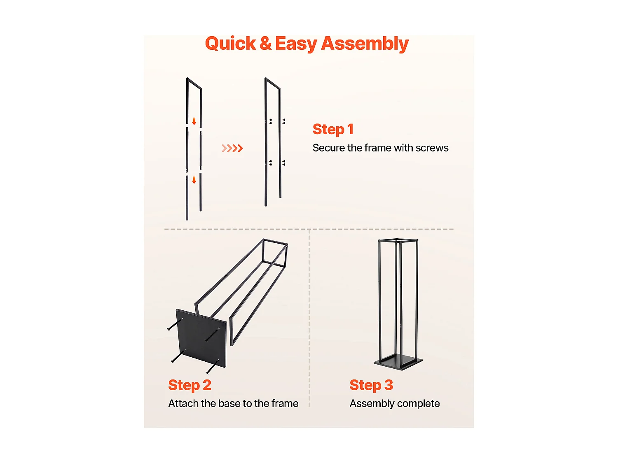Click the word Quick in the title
pos(230,44)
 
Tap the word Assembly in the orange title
pos(365,44)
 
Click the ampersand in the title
pos(265,44)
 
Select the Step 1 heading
pos(333,130)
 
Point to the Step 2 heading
pos(190,385)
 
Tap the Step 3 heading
pos(371,385)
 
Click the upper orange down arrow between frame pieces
pos(194,121)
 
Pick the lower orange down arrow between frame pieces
pos(194,180)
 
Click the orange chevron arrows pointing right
pos(232,148)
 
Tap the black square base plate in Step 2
pos(201,338)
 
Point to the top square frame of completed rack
pos(398,241)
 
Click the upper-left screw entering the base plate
pos(175,325)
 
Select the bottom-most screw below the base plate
pos(212,367)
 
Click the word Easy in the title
pos(296,44)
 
